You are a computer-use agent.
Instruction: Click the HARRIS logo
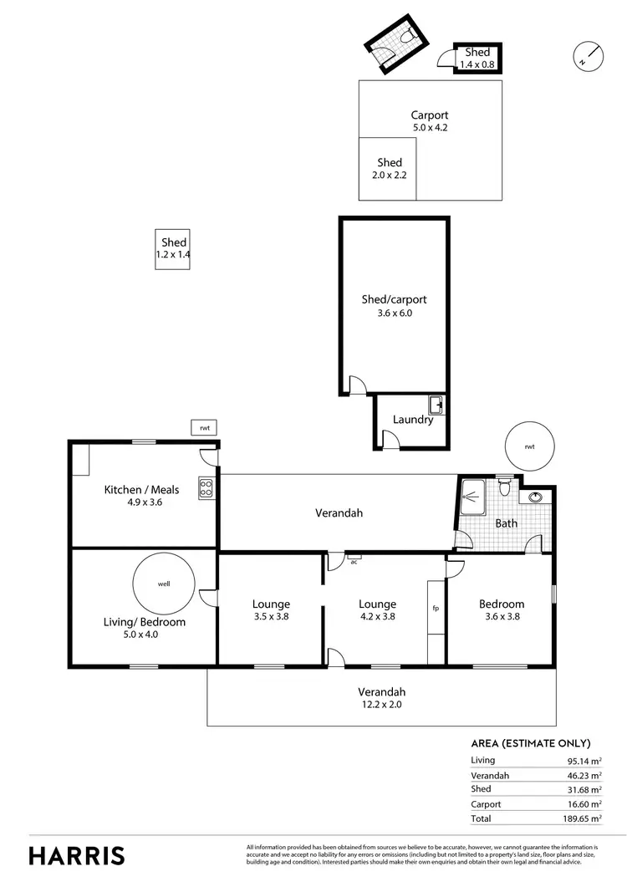(77, 855)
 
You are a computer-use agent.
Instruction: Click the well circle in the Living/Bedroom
(164, 584)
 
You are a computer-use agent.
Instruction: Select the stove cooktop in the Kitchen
(206, 487)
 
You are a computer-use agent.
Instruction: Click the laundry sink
(436, 405)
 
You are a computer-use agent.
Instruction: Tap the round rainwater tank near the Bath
(529, 446)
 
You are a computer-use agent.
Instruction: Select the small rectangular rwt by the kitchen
(204, 427)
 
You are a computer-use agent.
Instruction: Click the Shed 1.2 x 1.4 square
(173, 249)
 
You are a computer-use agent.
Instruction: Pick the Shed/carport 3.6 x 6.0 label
(387, 306)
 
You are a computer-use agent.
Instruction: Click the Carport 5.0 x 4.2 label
(430, 121)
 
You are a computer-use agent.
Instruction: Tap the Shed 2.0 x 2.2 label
(389, 169)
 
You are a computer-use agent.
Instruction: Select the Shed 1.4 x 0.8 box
(477, 59)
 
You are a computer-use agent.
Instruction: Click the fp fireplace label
(436, 609)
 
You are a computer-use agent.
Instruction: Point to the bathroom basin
(535, 498)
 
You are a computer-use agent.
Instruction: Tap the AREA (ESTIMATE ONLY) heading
(531, 742)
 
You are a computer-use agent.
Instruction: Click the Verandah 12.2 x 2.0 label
(381, 698)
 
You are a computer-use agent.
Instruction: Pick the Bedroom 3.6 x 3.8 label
(502, 610)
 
